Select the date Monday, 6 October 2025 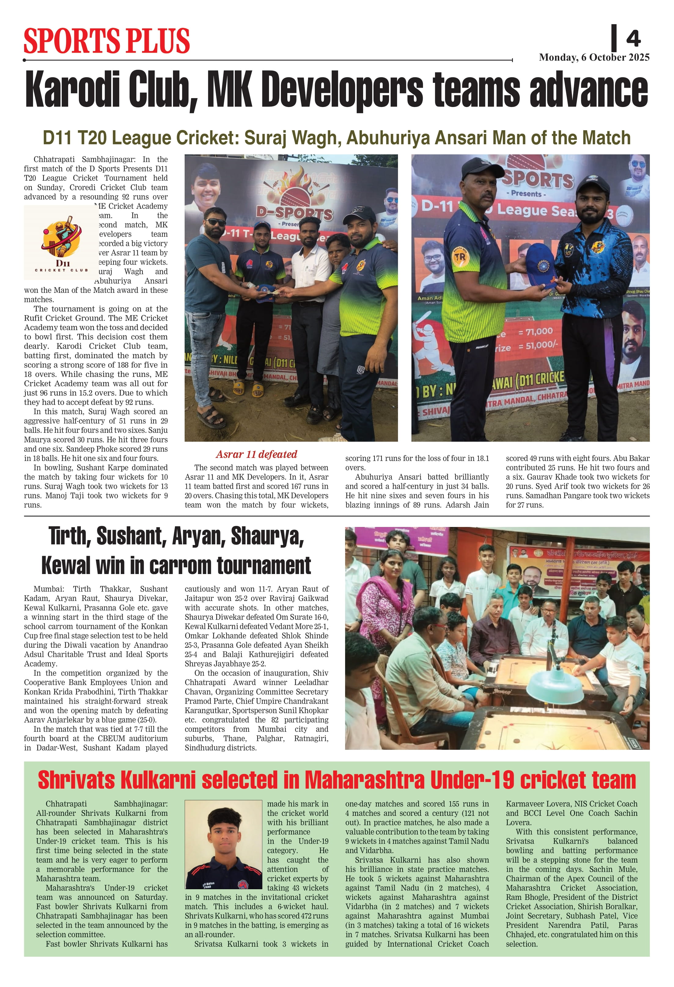594,58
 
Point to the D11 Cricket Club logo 61,242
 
